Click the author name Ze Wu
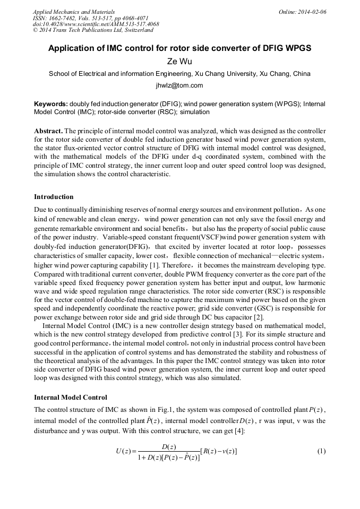[x=179, y=62]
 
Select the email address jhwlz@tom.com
[x=179, y=85]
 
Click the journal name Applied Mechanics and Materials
[x=74, y=12]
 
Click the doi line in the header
[x=96, y=24]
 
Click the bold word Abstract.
[x=48, y=131]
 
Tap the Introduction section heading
[x=54, y=197]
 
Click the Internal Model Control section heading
[x=70, y=397]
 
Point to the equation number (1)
[x=321, y=451]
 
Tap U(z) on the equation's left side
[x=123, y=452]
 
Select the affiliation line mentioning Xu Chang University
[x=179, y=74]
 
